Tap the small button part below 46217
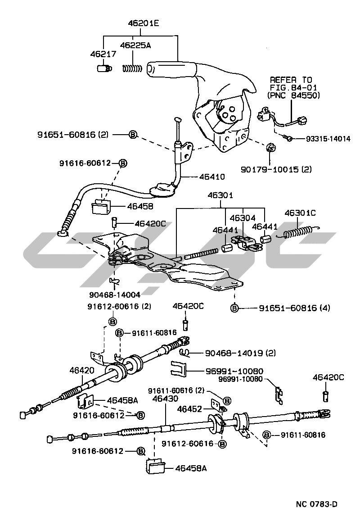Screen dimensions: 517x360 point(104,68)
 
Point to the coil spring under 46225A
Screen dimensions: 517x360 point(132,68)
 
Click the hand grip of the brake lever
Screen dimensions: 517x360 point(171,69)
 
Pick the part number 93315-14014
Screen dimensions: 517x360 point(323,139)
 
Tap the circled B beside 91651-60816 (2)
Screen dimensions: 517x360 point(133,134)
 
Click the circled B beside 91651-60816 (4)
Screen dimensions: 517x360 point(234,308)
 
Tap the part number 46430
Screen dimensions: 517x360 point(165,399)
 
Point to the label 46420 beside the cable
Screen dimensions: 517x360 point(82,371)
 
